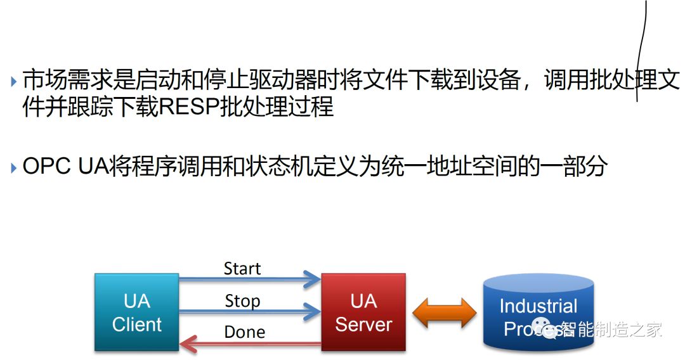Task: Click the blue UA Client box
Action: [137, 312]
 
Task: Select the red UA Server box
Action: [363, 312]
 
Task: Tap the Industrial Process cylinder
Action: [538, 314]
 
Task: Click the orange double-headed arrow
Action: [444, 312]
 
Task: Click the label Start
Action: [242, 269]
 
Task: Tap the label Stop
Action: [242, 301]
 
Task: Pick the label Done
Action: [244, 332]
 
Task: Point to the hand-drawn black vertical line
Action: [642, 51]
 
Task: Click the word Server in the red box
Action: [363, 325]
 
